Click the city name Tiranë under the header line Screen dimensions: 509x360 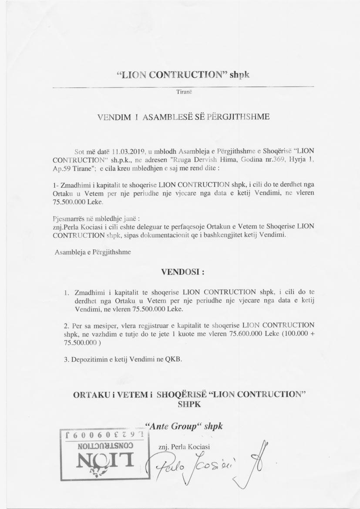click(x=180, y=92)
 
